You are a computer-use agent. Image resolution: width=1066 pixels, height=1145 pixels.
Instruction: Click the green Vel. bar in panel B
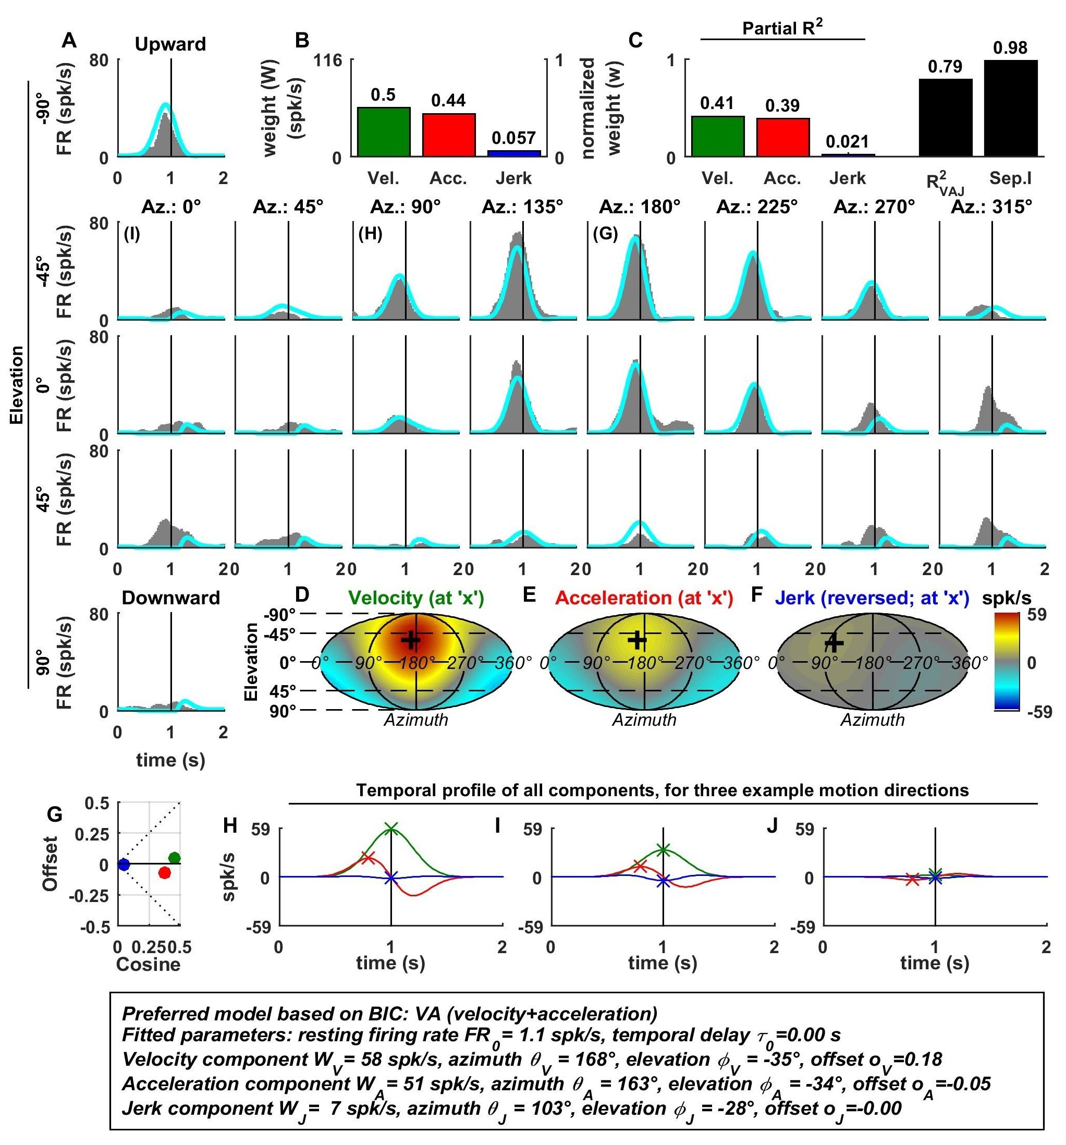(x=383, y=131)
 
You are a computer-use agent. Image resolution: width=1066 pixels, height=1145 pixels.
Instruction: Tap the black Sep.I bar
(x=1010, y=108)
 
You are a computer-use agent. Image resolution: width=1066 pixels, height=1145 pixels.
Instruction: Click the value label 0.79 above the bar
(x=945, y=67)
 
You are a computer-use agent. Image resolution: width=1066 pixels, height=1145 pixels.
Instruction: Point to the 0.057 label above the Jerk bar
(x=513, y=138)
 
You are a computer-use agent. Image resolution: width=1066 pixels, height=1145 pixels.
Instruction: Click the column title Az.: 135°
(x=522, y=207)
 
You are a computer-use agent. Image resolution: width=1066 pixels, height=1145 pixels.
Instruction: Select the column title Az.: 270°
(x=874, y=207)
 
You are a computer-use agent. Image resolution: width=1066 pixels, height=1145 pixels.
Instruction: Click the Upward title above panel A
(x=170, y=44)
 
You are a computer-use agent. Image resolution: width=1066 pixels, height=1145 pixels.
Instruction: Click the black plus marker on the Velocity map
(x=411, y=639)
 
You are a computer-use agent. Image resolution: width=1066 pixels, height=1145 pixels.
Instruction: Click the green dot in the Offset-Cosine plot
(x=175, y=858)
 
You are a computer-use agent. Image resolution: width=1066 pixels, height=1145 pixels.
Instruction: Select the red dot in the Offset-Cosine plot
(x=165, y=873)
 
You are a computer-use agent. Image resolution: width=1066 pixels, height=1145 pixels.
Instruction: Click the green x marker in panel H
(x=391, y=828)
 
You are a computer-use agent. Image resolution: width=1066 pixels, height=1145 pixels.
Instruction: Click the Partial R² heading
(x=782, y=28)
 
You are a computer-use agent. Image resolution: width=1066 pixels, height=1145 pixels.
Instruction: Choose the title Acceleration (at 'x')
(x=644, y=598)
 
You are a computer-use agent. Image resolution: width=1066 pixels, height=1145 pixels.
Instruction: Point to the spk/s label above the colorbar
(x=1007, y=598)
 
